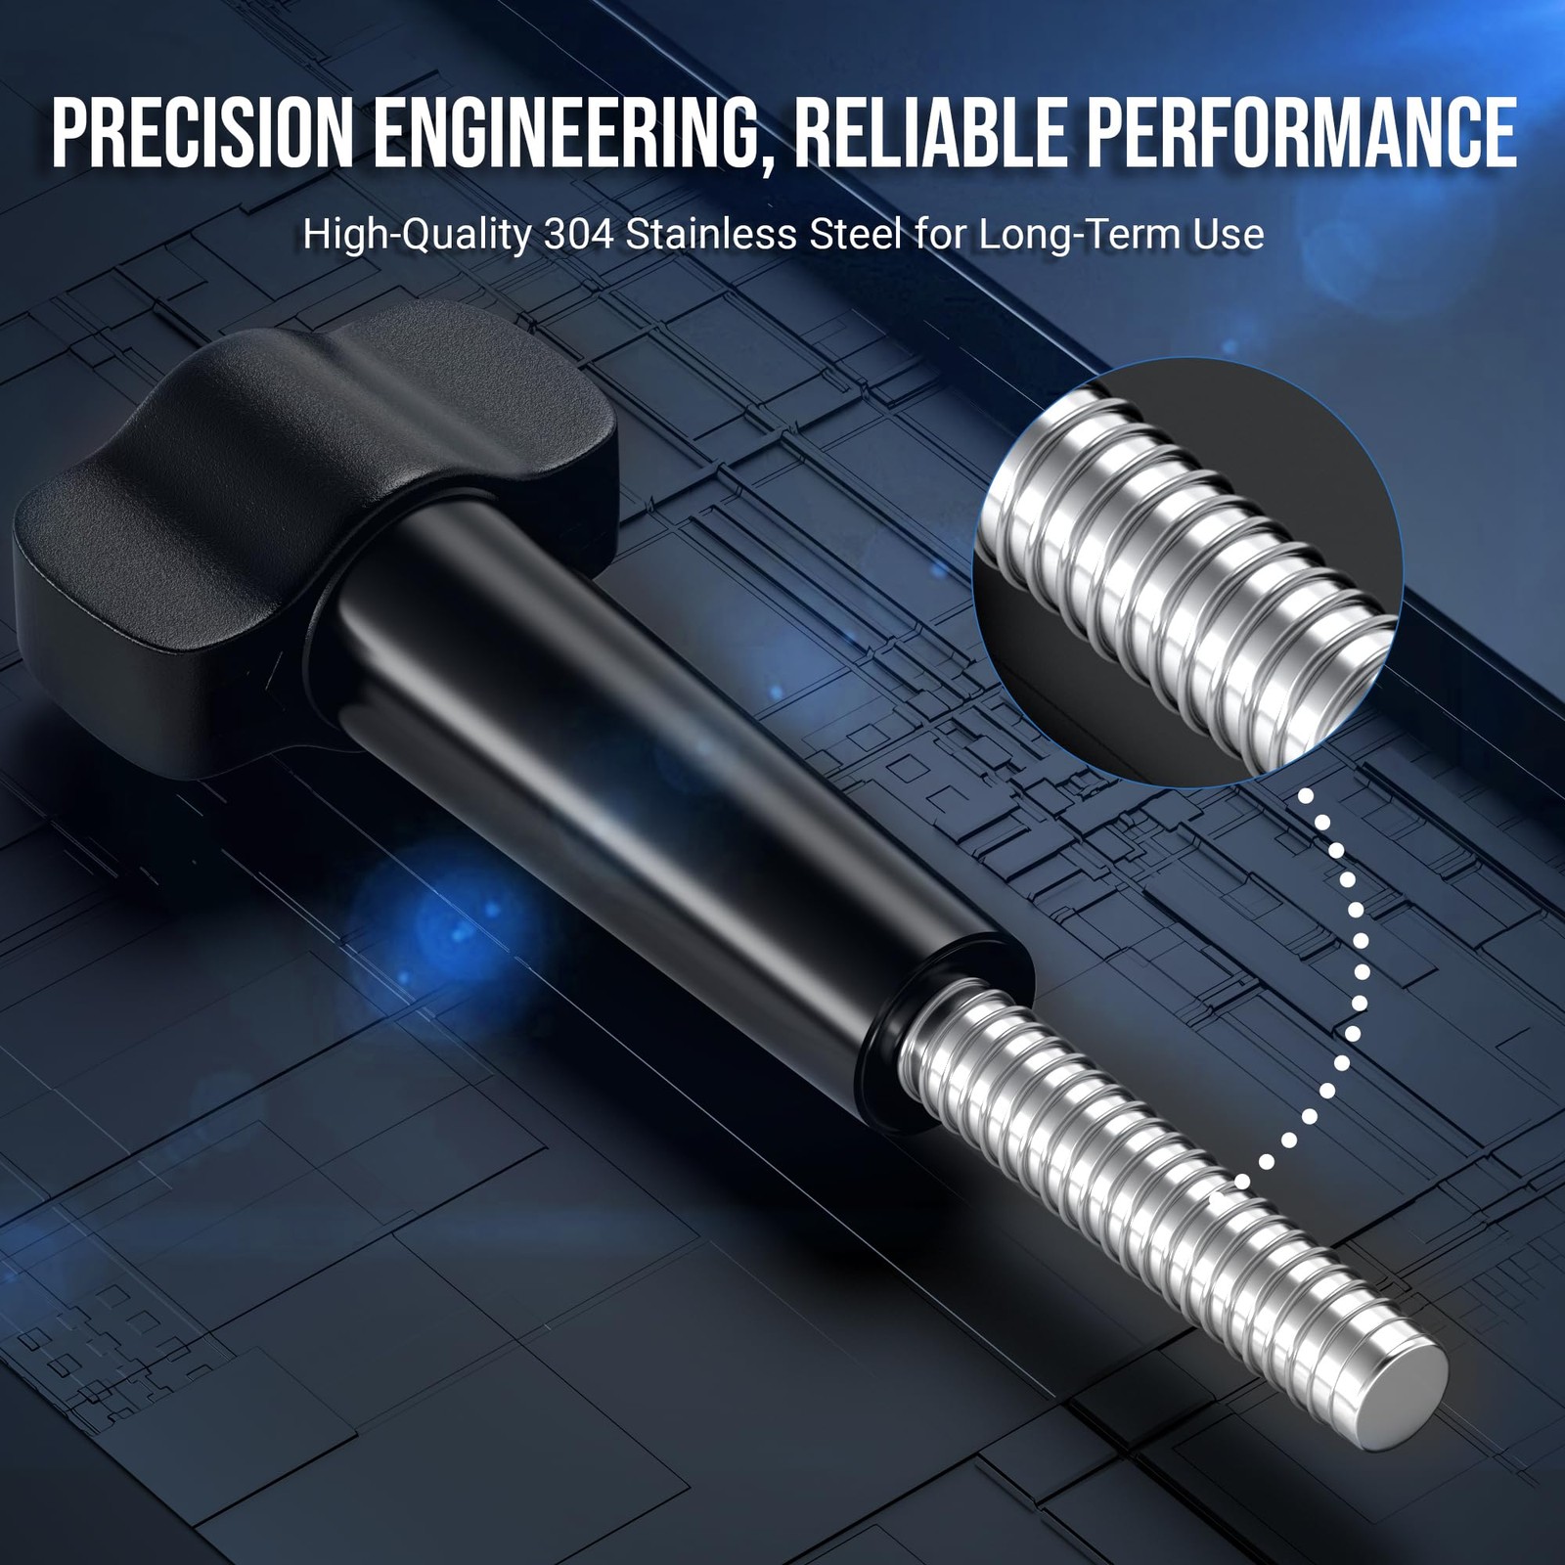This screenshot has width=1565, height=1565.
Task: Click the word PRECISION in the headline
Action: [202, 131]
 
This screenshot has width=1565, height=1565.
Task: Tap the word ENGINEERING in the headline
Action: [559, 131]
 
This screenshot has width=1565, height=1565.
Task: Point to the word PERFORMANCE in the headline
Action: [1302, 131]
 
